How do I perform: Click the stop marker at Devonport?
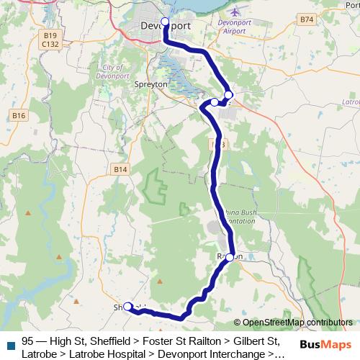tap(165, 22)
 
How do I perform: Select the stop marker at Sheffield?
tap(128, 306)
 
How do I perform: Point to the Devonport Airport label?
tap(235, 27)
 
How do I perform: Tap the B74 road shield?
tap(307, 19)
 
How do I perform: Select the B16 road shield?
tap(18, 115)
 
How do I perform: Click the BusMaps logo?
tap(326, 345)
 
